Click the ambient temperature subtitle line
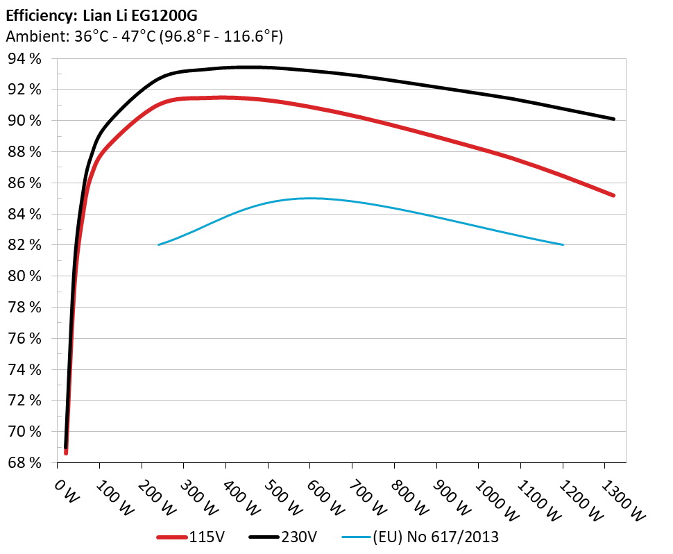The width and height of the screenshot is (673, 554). (x=144, y=36)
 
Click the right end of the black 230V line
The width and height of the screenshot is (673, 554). (x=613, y=119)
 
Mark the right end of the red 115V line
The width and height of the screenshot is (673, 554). (x=613, y=195)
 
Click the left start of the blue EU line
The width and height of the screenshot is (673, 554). (x=159, y=244)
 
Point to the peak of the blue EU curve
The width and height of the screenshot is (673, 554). (x=309, y=198)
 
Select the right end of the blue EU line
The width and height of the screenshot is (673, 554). (x=563, y=244)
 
